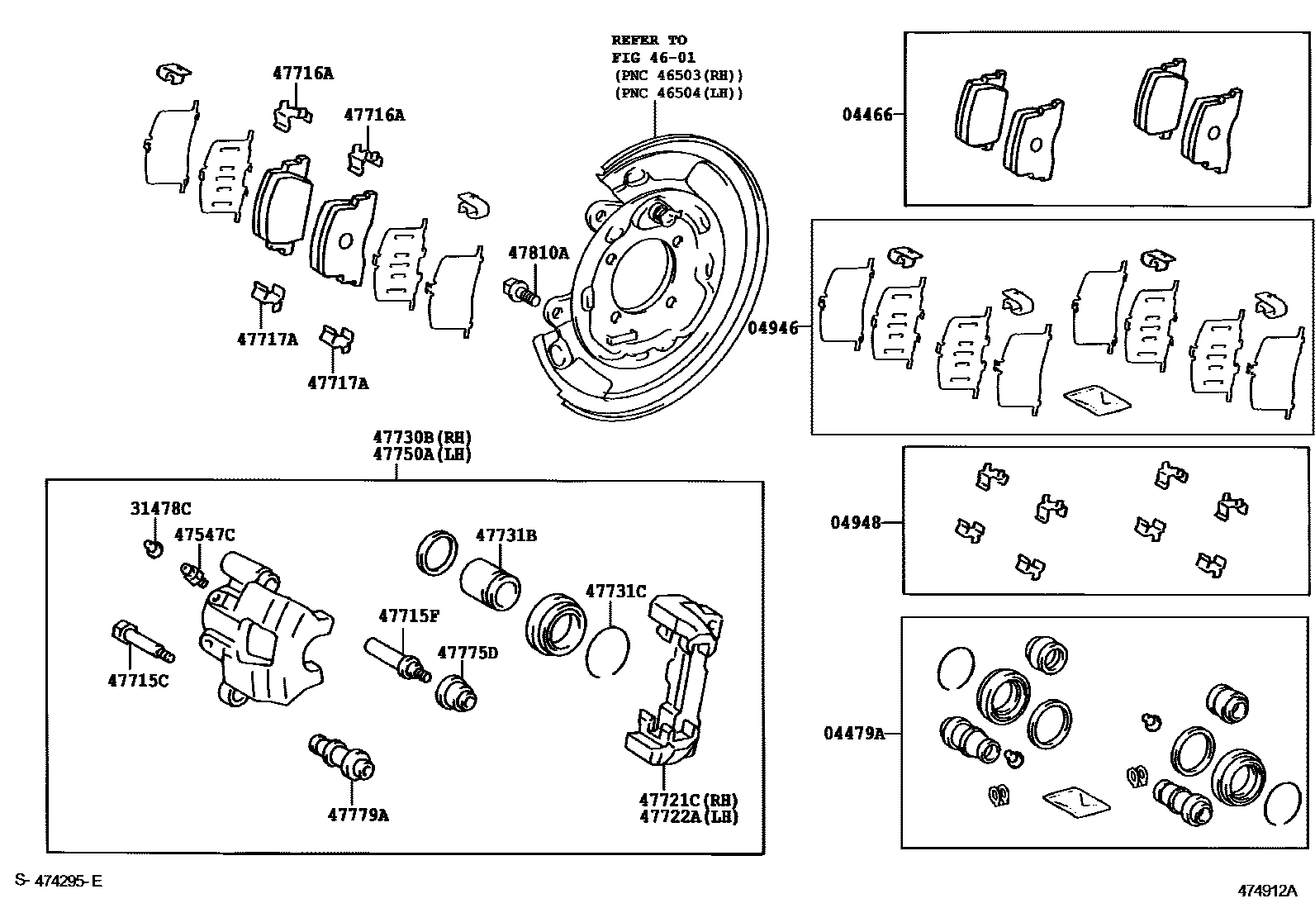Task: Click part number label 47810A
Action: pyautogui.click(x=538, y=254)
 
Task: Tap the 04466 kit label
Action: pyautogui.click(x=867, y=115)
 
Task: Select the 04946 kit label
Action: pyautogui.click(x=773, y=328)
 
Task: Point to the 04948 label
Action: pyautogui.click(x=856, y=523)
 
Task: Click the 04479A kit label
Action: pyautogui.click(x=853, y=733)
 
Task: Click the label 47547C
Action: pyautogui.click(x=204, y=535)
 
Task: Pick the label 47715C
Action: pyautogui.click(x=138, y=681)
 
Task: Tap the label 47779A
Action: pyautogui.click(x=358, y=815)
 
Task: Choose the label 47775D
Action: pyautogui.click(x=468, y=653)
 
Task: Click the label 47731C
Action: pyautogui.click(x=615, y=592)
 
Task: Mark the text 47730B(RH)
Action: pyautogui.click(x=421, y=438)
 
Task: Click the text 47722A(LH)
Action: pyautogui.click(x=688, y=817)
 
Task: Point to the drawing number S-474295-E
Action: pyautogui.click(x=58, y=882)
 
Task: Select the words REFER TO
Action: pyautogui.click(x=648, y=40)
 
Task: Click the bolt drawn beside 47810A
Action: pyautogui.click(x=520, y=292)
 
